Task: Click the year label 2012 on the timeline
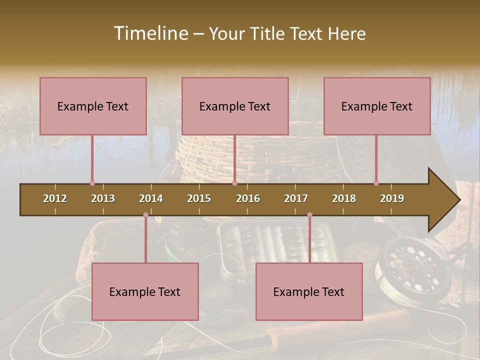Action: tap(55, 198)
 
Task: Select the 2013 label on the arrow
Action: tap(103, 198)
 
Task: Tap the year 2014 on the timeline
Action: tap(151, 198)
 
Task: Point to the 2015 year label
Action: tap(199, 198)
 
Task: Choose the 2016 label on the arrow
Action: tap(248, 198)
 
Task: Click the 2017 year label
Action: tap(296, 198)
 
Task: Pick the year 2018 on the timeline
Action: tap(344, 198)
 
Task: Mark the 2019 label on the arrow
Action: tap(392, 198)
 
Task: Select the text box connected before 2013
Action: tap(93, 106)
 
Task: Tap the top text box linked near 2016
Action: tap(235, 106)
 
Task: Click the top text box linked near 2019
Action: tap(377, 106)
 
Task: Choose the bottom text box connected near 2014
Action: tap(145, 291)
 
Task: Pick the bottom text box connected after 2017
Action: tap(309, 291)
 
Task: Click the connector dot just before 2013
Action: tap(92, 183)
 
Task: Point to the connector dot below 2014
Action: tap(145, 215)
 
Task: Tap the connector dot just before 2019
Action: tap(376, 183)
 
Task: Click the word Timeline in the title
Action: tap(150, 33)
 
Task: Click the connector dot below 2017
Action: tap(309, 215)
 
